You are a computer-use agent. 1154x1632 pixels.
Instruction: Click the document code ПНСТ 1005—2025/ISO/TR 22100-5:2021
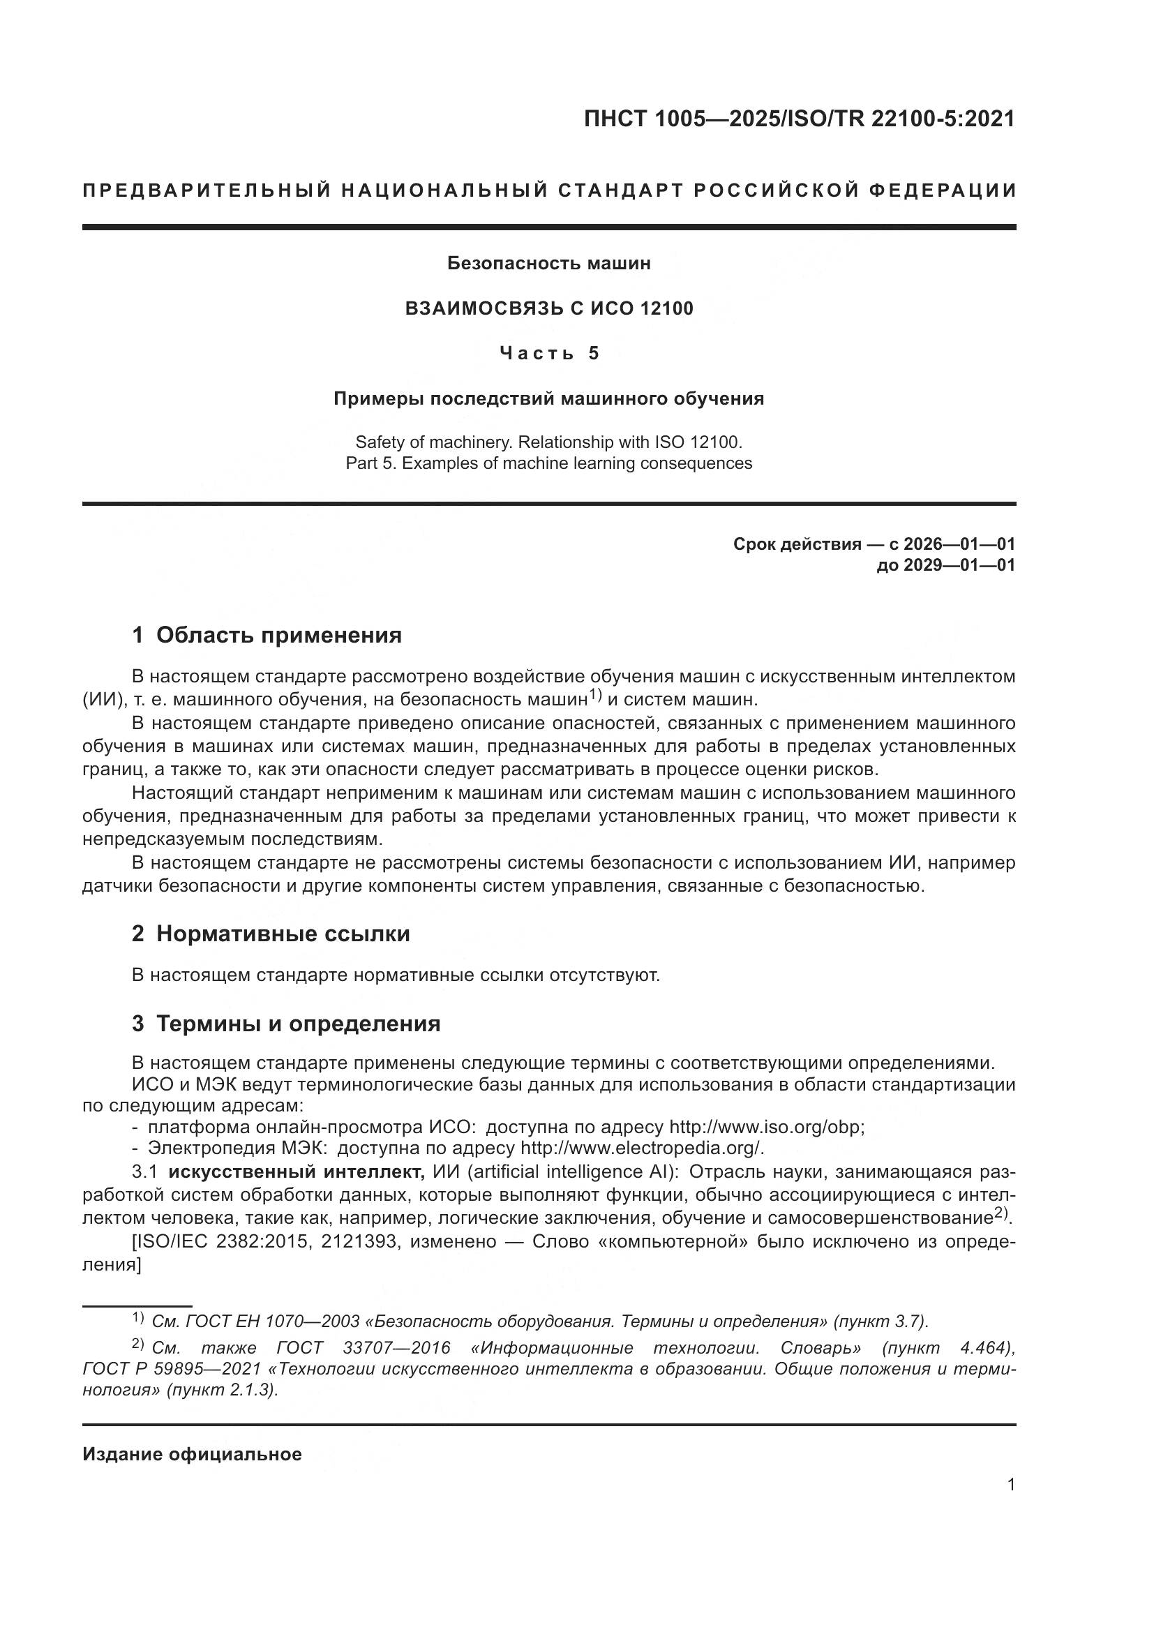pos(799,119)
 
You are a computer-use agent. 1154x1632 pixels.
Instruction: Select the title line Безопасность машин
pos(548,264)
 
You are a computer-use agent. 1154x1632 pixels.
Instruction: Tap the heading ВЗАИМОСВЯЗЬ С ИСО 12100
pos(548,308)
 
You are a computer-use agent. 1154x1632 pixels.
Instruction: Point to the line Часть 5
pos(548,353)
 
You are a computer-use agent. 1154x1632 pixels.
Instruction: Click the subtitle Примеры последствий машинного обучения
pos(548,399)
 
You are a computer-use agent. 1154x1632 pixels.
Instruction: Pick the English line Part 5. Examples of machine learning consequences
pos(548,463)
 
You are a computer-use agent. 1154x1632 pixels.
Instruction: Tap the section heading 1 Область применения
pos(267,635)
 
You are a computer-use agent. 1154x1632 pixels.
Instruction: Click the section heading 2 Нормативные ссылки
pos(271,934)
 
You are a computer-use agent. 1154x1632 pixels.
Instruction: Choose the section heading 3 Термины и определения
pos(285,1024)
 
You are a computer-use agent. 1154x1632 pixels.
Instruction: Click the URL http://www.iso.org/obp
pos(765,1128)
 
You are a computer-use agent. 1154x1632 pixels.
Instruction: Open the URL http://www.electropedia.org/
pos(641,1148)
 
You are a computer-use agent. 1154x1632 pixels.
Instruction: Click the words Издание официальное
pos(192,1454)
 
